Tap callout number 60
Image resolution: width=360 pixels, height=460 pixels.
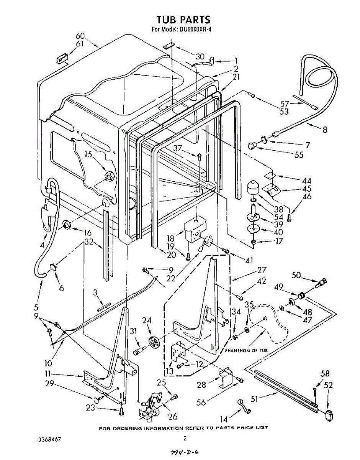point(80,36)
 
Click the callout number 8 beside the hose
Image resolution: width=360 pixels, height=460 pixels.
point(325,130)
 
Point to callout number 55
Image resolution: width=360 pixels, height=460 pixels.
point(299,155)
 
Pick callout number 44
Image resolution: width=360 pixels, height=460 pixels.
point(306,180)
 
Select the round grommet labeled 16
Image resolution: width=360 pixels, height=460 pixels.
point(66,225)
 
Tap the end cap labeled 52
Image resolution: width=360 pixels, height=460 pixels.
point(328,414)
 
